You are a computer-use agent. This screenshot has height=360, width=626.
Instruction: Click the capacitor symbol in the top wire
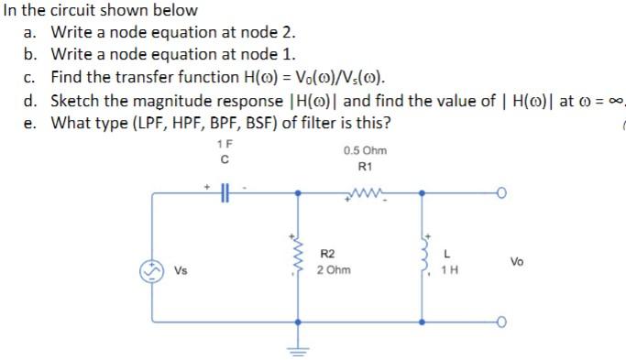coord(224,193)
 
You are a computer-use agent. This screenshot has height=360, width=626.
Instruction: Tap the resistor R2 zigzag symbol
coord(296,259)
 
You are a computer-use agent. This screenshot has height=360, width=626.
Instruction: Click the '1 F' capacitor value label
coord(225,145)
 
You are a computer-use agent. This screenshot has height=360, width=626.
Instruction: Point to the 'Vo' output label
coord(518,261)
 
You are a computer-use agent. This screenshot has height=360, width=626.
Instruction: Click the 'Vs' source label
coord(181,271)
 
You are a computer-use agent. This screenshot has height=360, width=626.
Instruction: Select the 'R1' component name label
coord(364,168)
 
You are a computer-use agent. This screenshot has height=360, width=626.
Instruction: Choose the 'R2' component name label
coord(328,254)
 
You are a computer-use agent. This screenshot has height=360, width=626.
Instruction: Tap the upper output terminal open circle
coord(500,193)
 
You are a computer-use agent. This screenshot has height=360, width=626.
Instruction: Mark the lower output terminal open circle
coord(500,322)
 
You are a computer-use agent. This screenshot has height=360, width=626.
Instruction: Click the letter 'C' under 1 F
coord(224,159)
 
